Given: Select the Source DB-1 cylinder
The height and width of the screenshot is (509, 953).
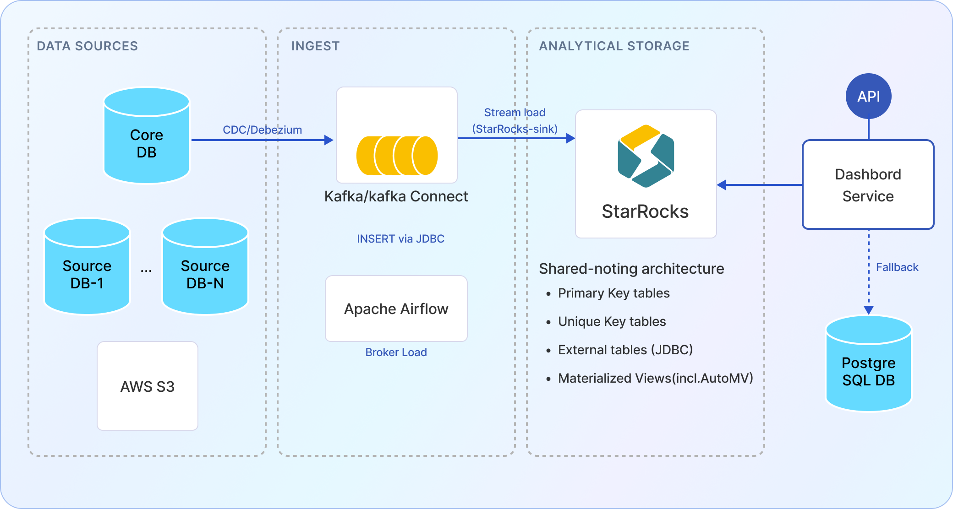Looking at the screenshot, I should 87,267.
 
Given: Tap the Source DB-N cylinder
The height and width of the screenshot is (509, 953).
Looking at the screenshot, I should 205,267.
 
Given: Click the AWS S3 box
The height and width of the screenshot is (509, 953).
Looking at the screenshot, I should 148,386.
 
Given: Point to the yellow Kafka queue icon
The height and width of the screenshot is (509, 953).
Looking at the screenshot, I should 397,156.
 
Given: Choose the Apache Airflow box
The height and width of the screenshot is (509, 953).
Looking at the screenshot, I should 396,309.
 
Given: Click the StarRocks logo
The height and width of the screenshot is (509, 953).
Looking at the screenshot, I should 646,156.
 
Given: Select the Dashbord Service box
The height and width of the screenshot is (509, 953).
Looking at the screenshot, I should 868,184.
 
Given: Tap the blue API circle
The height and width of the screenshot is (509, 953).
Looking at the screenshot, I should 868,96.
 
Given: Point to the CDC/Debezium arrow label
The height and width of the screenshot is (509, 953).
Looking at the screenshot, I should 262,130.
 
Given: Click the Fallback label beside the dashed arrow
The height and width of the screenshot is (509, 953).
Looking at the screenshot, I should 897,267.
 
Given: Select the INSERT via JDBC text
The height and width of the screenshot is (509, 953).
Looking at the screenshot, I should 400,238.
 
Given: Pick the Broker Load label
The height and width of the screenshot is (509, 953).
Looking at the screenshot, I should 396,352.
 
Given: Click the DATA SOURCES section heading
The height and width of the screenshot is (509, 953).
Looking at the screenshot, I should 87,46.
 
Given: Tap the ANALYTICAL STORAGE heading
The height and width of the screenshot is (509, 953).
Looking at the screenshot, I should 614,46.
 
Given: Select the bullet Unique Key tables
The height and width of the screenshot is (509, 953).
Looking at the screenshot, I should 612,321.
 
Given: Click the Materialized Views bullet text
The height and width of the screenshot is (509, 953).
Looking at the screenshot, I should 655,378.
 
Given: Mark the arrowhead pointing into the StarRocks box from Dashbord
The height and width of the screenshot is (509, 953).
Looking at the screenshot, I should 722,185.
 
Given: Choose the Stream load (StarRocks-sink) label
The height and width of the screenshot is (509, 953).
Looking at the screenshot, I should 515,121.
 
